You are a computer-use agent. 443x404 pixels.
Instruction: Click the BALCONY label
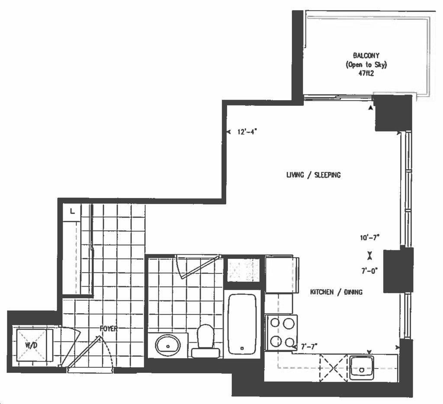pyautogui.click(x=366, y=55)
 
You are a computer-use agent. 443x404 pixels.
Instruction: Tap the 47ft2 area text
pyautogui.click(x=366, y=74)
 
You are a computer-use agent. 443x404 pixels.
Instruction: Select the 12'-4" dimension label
pyautogui.click(x=247, y=132)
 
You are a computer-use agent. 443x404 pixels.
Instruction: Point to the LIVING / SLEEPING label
pyautogui.click(x=313, y=175)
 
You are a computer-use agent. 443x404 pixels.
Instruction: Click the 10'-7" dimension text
pyautogui.click(x=369, y=238)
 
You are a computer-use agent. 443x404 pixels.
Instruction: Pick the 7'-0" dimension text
pyautogui.click(x=369, y=271)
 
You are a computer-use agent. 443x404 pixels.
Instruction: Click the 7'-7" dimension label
pyautogui.click(x=309, y=346)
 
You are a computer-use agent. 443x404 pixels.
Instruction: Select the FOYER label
pyautogui.click(x=109, y=328)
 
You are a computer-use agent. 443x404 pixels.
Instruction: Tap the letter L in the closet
pyautogui.click(x=72, y=211)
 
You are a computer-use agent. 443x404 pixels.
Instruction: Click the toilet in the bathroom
pyautogui.click(x=205, y=341)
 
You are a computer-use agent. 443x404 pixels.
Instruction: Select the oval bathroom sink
pyautogui.click(x=168, y=345)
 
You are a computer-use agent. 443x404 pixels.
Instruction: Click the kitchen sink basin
pyautogui.click(x=362, y=368)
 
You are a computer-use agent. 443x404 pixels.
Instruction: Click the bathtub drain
pyautogui.click(x=242, y=348)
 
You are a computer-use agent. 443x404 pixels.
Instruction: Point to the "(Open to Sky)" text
pyautogui.click(x=366, y=65)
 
